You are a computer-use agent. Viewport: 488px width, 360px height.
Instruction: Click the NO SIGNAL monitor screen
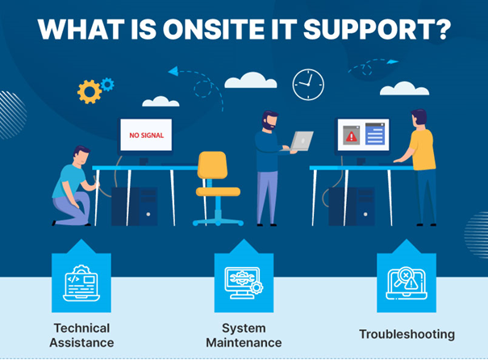click(146, 136)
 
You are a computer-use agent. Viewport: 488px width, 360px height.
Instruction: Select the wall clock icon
click(307, 85)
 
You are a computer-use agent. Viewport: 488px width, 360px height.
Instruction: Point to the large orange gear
click(89, 91)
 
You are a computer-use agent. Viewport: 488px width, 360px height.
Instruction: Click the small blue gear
click(107, 83)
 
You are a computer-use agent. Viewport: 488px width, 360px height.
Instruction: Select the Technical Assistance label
click(81, 335)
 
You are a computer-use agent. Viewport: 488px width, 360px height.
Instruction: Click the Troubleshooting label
click(407, 333)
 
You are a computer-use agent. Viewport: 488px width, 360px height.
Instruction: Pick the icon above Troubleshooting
click(407, 281)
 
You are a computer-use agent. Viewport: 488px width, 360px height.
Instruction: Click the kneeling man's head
click(80, 156)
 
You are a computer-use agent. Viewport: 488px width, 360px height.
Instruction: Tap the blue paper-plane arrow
click(173, 71)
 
